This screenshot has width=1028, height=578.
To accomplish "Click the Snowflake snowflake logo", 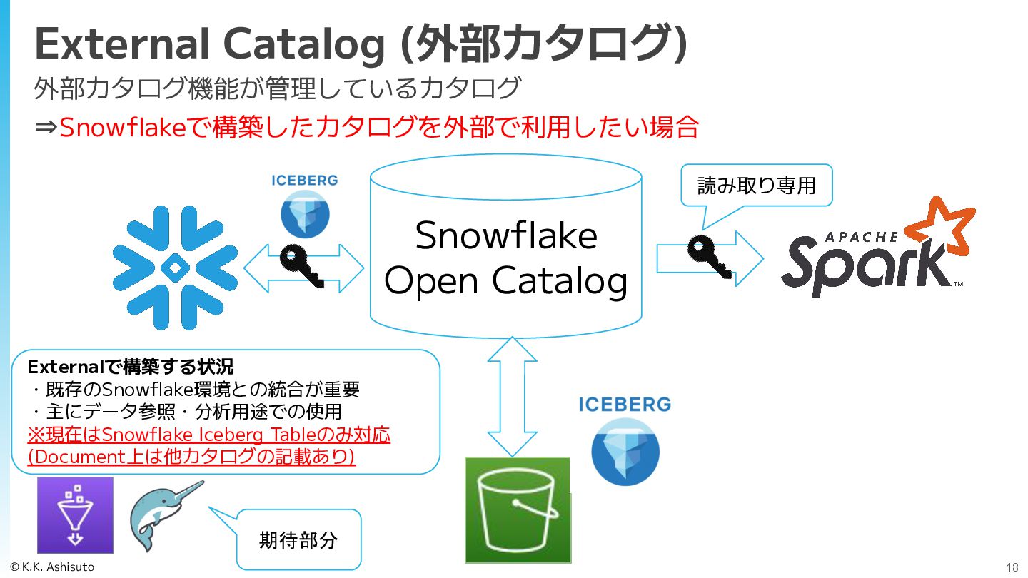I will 175,268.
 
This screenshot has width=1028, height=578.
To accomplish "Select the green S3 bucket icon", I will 518,509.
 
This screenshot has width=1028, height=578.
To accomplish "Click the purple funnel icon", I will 75,514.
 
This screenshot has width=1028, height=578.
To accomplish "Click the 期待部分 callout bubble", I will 298,539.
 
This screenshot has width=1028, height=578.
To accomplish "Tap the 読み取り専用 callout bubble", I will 756,186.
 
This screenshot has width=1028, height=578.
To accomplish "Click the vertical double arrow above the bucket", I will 512,396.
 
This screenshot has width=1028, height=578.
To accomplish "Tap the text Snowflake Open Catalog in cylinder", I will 506,258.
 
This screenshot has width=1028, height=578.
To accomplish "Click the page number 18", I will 1012,568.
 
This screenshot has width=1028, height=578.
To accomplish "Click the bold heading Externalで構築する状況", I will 130,367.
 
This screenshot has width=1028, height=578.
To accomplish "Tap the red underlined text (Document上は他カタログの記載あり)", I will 191,457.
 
